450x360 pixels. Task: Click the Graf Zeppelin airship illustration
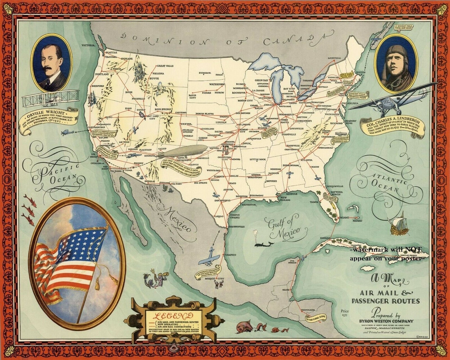[181, 152]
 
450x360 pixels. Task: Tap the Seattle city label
[111, 53]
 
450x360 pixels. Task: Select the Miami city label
[344, 218]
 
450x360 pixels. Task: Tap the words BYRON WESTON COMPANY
[386, 321]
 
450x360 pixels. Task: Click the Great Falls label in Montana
[165, 66]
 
